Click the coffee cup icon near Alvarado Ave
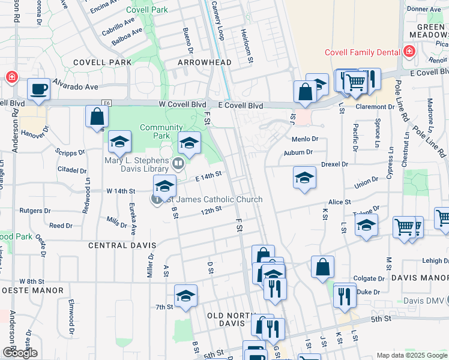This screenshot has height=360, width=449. tap(38, 89)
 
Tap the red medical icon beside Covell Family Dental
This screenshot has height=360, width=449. tap(409, 52)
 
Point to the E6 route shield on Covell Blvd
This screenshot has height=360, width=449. tap(106, 103)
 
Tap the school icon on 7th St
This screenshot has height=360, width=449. tap(185, 296)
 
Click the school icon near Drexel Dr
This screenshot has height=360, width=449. tap(304, 178)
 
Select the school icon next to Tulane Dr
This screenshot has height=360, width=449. tap(366, 226)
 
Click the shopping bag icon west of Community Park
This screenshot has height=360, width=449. tap(97, 116)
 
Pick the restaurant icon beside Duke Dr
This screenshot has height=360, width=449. tap(345, 295)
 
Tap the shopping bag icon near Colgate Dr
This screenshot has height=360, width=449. tap(322, 268)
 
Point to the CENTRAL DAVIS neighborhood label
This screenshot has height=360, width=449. tap(122, 245)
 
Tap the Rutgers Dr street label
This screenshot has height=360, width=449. tap(35, 211)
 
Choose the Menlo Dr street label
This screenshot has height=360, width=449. tap(306, 139)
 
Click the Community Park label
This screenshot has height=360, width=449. tap(161, 131)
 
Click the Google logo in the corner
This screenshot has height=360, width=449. tap(20, 353)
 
